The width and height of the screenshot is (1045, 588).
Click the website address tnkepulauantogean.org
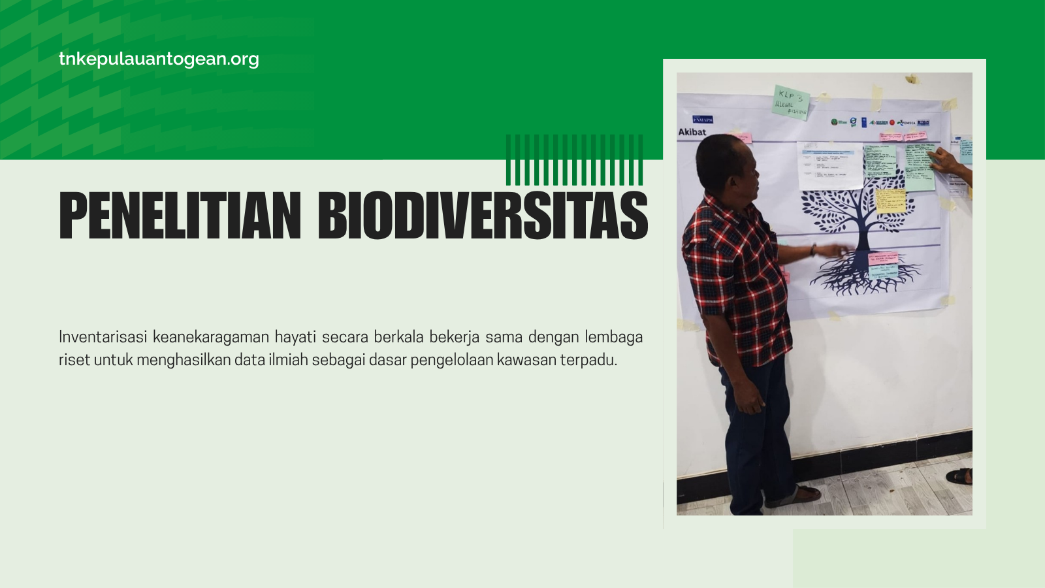click(159, 59)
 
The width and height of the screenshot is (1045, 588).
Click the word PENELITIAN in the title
click(180, 216)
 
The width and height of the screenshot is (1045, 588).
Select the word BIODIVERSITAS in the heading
click(483, 216)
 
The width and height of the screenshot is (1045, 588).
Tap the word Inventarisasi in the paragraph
click(103, 337)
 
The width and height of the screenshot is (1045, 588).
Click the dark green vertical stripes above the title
click(574, 159)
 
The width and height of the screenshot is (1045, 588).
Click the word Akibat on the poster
click(692, 132)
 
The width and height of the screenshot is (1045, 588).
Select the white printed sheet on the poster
click(830, 166)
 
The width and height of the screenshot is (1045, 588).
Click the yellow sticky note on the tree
click(890, 201)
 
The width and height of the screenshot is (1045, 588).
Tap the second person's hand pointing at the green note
click(943, 159)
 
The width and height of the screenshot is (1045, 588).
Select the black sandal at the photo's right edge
click(960, 476)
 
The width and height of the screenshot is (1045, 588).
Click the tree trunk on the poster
click(863, 235)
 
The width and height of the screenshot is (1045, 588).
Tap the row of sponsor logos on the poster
click(879, 122)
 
